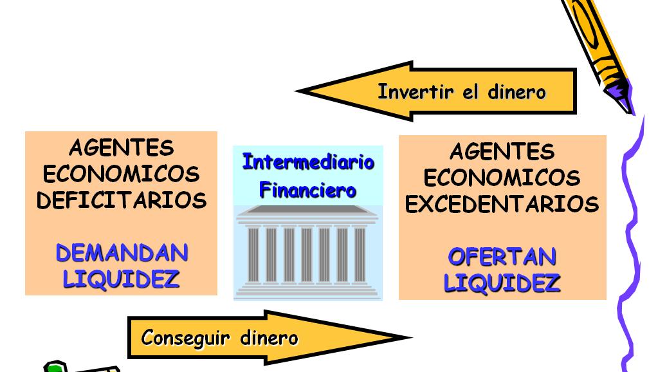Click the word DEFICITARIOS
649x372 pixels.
(122, 200)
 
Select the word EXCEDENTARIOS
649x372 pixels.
(502, 204)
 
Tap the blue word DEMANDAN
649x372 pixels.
(122, 253)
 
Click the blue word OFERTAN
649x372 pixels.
(502, 257)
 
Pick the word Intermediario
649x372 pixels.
(308, 162)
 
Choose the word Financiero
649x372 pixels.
(307, 191)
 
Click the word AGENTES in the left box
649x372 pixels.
(122, 148)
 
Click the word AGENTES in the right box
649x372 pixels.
(502, 152)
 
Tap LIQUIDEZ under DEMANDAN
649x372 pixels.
(122, 279)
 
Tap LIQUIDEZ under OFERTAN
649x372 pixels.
(502, 283)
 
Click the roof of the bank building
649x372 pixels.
(307, 211)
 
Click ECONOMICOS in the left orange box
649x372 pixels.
(122, 174)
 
